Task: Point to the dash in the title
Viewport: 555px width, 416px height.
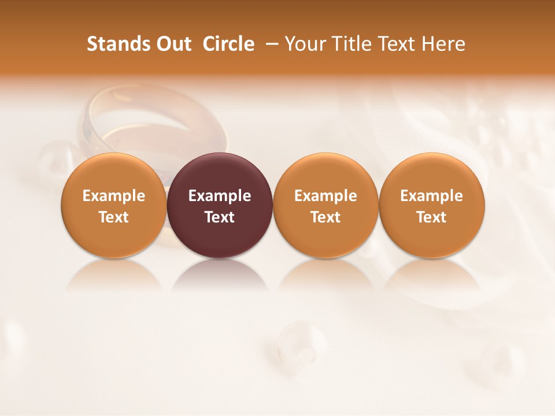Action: point(270,44)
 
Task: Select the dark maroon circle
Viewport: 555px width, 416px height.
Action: point(220,205)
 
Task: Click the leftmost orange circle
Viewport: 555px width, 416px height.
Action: point(114,205)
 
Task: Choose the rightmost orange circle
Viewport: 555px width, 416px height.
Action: point(432,205)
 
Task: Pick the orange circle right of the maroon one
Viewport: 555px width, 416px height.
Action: point(325,205)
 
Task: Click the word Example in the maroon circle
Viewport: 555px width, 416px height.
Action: point(220,196)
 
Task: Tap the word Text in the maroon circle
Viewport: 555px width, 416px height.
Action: point(220,217)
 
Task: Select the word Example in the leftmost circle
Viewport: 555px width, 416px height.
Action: point(114,196)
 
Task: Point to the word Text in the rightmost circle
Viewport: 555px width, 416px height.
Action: point(432,217)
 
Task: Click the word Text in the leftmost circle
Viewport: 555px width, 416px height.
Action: point(114,217)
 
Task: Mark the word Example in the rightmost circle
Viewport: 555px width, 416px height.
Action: point(432,196)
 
